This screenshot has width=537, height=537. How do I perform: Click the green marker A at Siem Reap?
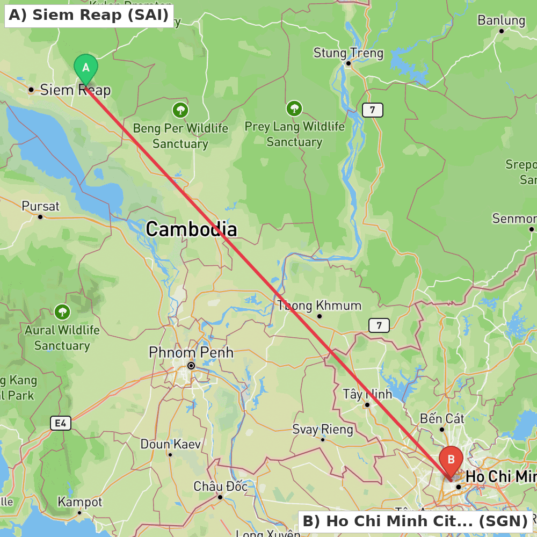85,68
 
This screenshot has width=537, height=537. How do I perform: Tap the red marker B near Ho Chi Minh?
451,460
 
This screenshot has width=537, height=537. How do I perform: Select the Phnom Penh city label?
191,353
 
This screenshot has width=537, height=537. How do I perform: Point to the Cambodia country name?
191,229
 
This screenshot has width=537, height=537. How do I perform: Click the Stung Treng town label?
349,53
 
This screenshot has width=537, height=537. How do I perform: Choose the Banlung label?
501,21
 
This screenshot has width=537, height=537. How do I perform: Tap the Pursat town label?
40,206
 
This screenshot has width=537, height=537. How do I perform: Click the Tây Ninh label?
367,394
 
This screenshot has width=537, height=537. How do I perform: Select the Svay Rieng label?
323,430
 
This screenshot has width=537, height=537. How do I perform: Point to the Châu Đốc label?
220,487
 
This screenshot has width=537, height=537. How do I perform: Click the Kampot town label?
79,502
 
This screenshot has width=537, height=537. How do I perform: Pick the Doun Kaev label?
170,445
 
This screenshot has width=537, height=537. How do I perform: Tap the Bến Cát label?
442,418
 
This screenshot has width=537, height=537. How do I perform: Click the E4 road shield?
61,424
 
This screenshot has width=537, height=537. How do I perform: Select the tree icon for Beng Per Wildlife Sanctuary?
180,110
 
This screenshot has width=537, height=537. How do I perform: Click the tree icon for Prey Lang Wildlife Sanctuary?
294,108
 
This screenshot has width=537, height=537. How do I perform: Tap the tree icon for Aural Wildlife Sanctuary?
62,311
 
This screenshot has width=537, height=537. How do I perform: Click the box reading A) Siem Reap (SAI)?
89,15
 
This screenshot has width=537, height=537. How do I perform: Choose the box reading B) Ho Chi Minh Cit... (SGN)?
415,521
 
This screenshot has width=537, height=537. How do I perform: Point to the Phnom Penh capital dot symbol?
191,366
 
